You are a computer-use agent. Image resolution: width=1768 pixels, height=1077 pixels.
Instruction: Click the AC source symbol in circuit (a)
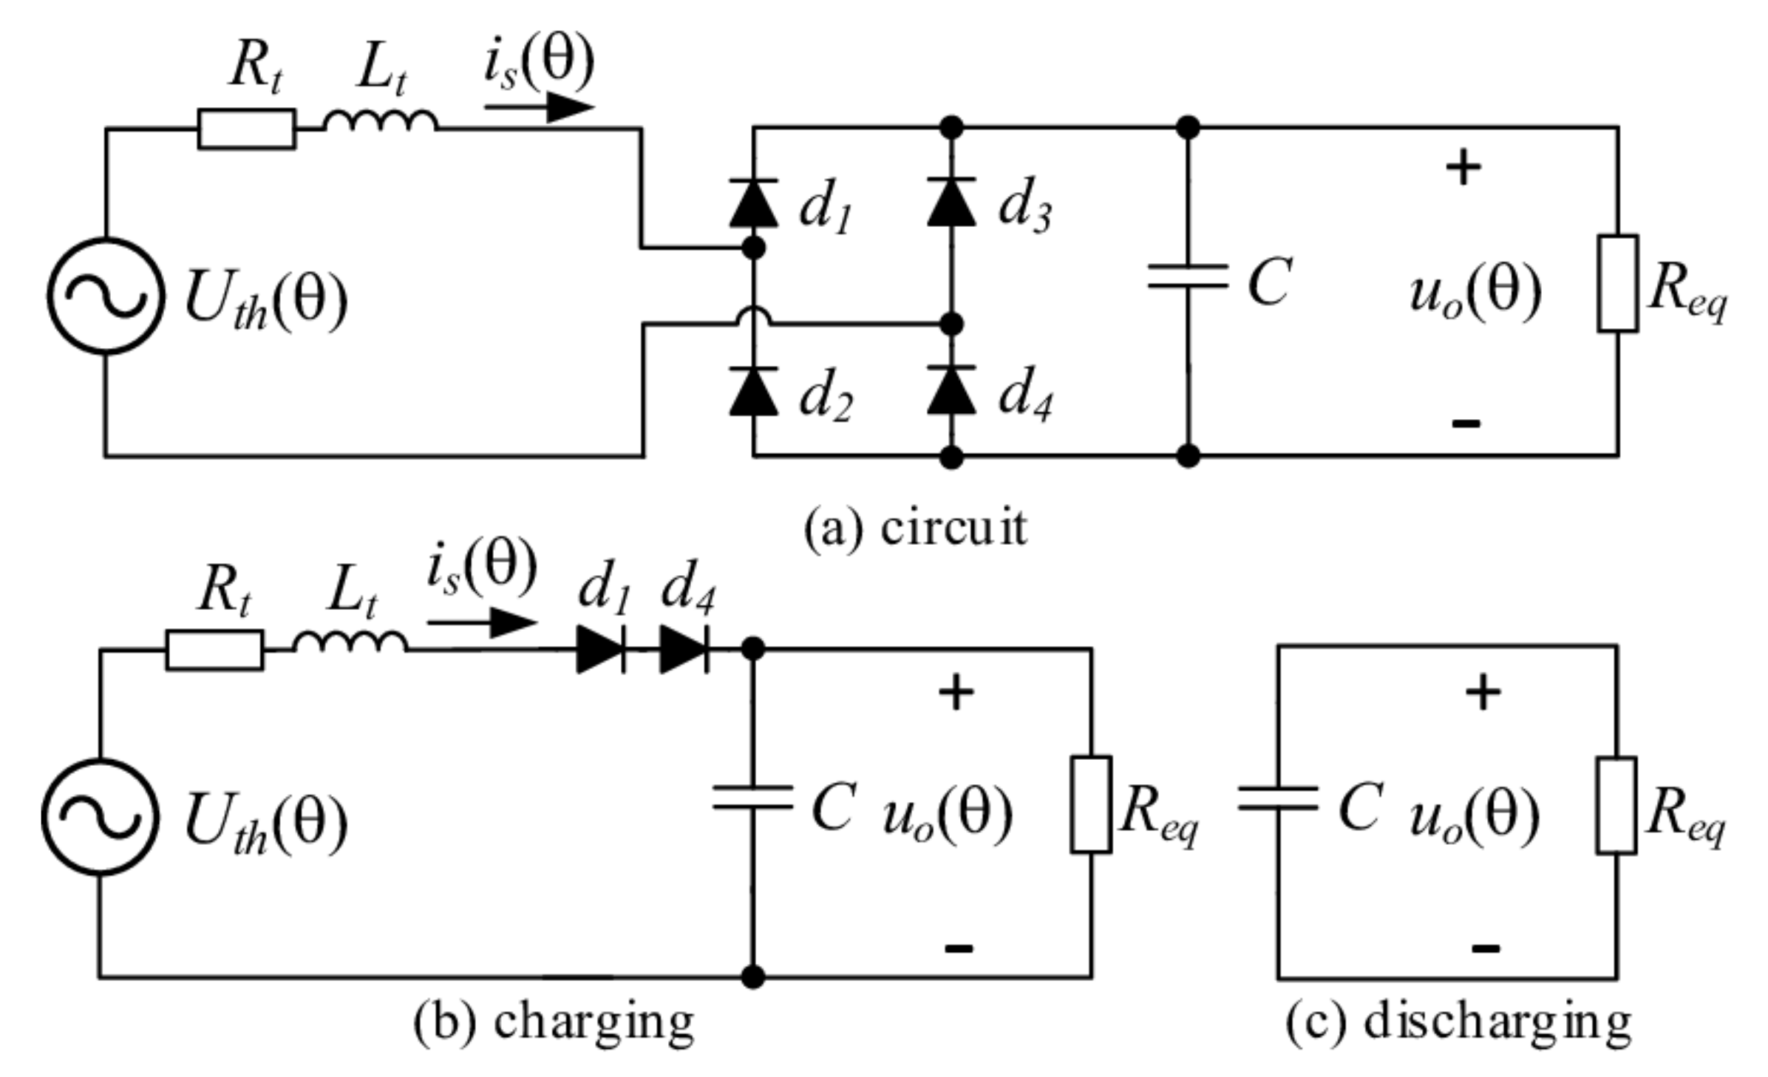click(106, 296)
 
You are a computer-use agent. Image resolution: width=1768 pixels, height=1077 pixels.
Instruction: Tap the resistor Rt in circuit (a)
click(246, 129)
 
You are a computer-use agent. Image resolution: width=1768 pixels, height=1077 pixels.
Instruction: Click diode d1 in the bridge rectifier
click(753, 204)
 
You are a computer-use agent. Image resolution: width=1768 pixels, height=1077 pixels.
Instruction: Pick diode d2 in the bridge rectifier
click(753, 392)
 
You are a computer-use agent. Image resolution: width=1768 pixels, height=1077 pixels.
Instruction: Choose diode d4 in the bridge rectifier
click(951, 391)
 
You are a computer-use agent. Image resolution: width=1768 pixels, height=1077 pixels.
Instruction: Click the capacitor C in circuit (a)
click(1188, 277)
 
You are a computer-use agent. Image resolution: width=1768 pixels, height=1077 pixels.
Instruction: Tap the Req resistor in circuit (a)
click(1617, 283)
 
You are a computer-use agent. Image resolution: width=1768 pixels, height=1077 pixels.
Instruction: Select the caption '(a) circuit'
click(915, 529)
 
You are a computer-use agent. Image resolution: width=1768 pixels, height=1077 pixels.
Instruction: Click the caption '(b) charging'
click(554, 1024)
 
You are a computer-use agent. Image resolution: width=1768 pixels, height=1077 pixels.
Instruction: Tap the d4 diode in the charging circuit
click(684, 650)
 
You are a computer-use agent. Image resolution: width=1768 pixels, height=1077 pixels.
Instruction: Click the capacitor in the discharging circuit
click(1278, 799)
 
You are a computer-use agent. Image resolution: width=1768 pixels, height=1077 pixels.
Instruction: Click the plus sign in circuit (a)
click(1463, 169)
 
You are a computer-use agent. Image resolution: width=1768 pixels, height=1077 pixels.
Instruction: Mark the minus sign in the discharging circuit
click(1485, 948)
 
